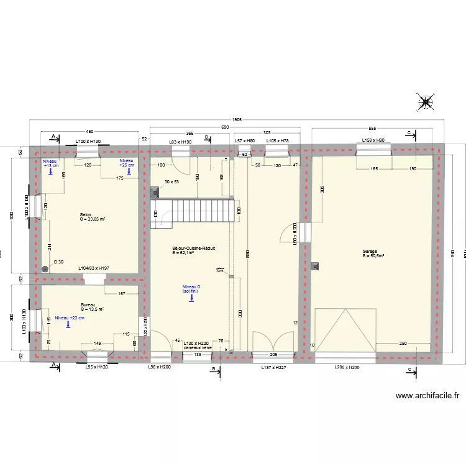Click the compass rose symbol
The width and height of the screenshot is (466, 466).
tap(426, 103)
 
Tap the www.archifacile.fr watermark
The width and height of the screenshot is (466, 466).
tap(427, 395)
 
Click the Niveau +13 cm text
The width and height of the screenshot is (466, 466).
tap(50, 163)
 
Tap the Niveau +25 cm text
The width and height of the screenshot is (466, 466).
tap(127, 163)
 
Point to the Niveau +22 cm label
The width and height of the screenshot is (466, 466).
tap(70, 318)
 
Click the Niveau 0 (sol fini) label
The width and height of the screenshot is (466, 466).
tap(191, 288)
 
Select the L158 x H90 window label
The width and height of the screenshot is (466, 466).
tap(373, 141)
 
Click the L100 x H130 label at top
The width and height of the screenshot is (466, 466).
tap(88, 142)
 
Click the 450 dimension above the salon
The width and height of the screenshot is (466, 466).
tap(89, 132)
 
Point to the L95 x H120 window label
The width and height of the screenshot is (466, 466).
tap(96, 367)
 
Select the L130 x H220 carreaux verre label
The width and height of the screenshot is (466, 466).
tap(198, 345)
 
